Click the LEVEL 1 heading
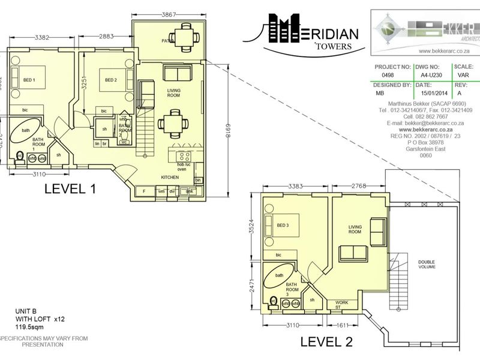coord(70,190)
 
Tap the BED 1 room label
coord(30,80)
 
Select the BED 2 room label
coord(110,80)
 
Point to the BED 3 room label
coord(283,225)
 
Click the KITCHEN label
coord(170,178)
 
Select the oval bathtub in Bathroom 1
coord(26,130)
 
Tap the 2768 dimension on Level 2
coord(358,187)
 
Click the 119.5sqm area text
coord(29,329)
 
